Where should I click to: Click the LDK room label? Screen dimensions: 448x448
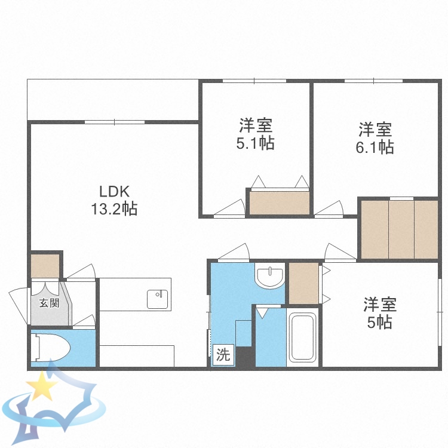click(x=114, y=192)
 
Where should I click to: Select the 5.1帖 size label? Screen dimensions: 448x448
click(x=256, y=143)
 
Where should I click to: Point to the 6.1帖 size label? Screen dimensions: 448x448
click(x=375, y=147)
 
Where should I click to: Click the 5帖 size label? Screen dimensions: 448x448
click(x=379, y=323)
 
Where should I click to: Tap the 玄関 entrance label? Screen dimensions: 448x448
click(x=49, y=303)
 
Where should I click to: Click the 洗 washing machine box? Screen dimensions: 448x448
click(x=223, y=355)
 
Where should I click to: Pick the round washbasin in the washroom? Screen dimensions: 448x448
click(x=270, y=277)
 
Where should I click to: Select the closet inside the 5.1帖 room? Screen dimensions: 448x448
click(x=280, y=203)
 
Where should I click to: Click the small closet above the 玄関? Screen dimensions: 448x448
click(x=45, y=266)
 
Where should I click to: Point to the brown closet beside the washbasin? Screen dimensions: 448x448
click(x=303, y=283)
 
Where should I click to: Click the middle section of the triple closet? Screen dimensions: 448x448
click(x=401, y=229)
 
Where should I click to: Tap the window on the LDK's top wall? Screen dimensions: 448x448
click(x=114, y=122)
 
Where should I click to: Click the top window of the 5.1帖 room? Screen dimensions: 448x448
click(x=255, y=81)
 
